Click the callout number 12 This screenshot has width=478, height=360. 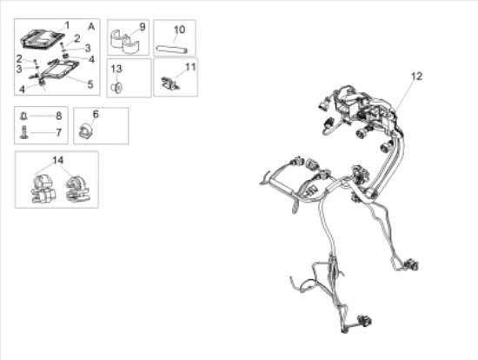416,77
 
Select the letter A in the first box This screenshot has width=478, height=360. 91,27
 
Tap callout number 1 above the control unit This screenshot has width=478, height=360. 68,25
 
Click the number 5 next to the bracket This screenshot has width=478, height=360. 90,84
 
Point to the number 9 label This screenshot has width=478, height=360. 143,27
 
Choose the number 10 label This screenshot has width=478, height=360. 179,30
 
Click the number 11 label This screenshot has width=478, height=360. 190,67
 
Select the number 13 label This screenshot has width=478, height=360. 116,70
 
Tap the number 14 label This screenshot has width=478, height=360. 58,161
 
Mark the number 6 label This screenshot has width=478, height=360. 96,115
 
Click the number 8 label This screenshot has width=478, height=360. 59,116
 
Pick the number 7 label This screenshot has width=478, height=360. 59,133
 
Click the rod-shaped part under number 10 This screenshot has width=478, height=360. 172,50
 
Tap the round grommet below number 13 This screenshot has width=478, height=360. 116,88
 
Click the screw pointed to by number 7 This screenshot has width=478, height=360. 23,133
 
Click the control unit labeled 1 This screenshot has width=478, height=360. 43,39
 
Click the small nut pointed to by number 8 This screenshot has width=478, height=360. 23,117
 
